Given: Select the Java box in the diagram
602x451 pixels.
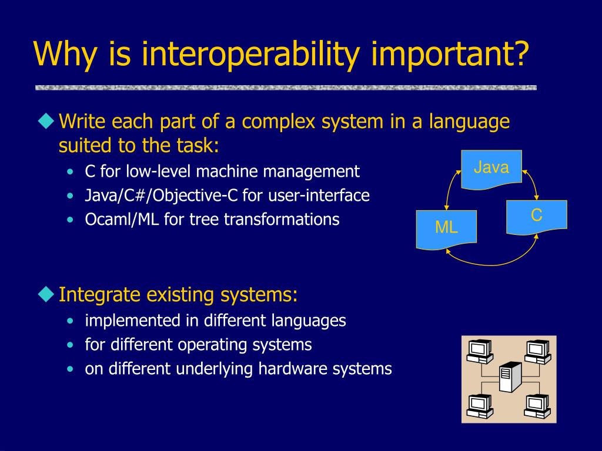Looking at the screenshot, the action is pyautogui.click(x=491, y=169).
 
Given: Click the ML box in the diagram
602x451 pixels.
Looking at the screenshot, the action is pyautogui.click(x=446, y=230).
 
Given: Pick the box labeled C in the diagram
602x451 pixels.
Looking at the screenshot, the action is pyautogui.click(x=536, y=217).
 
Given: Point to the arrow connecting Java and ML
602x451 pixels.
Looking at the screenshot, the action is pyautogui.click(x=451, y=188).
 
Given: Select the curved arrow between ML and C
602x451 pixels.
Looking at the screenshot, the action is pyautogui.click(x=492, y=265).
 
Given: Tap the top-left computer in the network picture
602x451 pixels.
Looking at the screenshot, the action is pyautogui.click(x=480, y=351).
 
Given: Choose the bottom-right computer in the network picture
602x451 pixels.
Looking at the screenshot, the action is pyautogui.click(x=537, y=406).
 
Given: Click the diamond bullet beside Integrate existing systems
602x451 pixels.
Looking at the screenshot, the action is pyautogui.click(x=46, y=294).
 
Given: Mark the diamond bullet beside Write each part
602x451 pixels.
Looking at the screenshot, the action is pyautogui.click(x=46, y=120).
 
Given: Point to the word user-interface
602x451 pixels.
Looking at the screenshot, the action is pyautogui.click(x=319, y=196).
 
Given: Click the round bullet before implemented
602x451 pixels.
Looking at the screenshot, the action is pyautogui.click(x=70, y=321).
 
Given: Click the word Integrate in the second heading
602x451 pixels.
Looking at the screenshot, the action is pyautogui.click(x=99, y=295).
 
